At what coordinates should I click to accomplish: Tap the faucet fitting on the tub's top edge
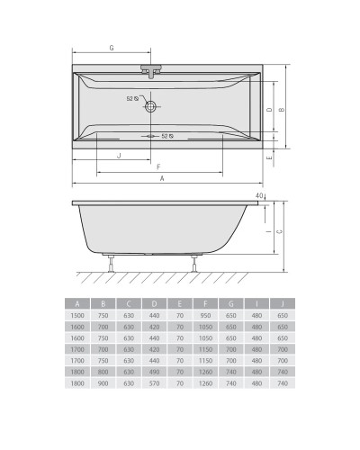(148, 68)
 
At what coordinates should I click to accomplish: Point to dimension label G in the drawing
(110, 46)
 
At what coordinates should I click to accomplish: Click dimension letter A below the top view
(162, 179)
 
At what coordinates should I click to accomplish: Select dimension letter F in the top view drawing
(158, 166)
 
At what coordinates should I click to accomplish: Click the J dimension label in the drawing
(119, 155)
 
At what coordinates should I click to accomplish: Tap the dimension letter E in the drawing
(270, 157)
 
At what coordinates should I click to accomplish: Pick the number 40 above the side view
(259, 195)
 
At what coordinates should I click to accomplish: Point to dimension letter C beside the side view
(279, 231)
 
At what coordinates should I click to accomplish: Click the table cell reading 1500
(78, 316)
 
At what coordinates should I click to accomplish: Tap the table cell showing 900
(103, 385)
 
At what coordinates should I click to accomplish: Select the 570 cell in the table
(155, 385)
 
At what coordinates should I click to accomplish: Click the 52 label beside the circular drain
(130, 99)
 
